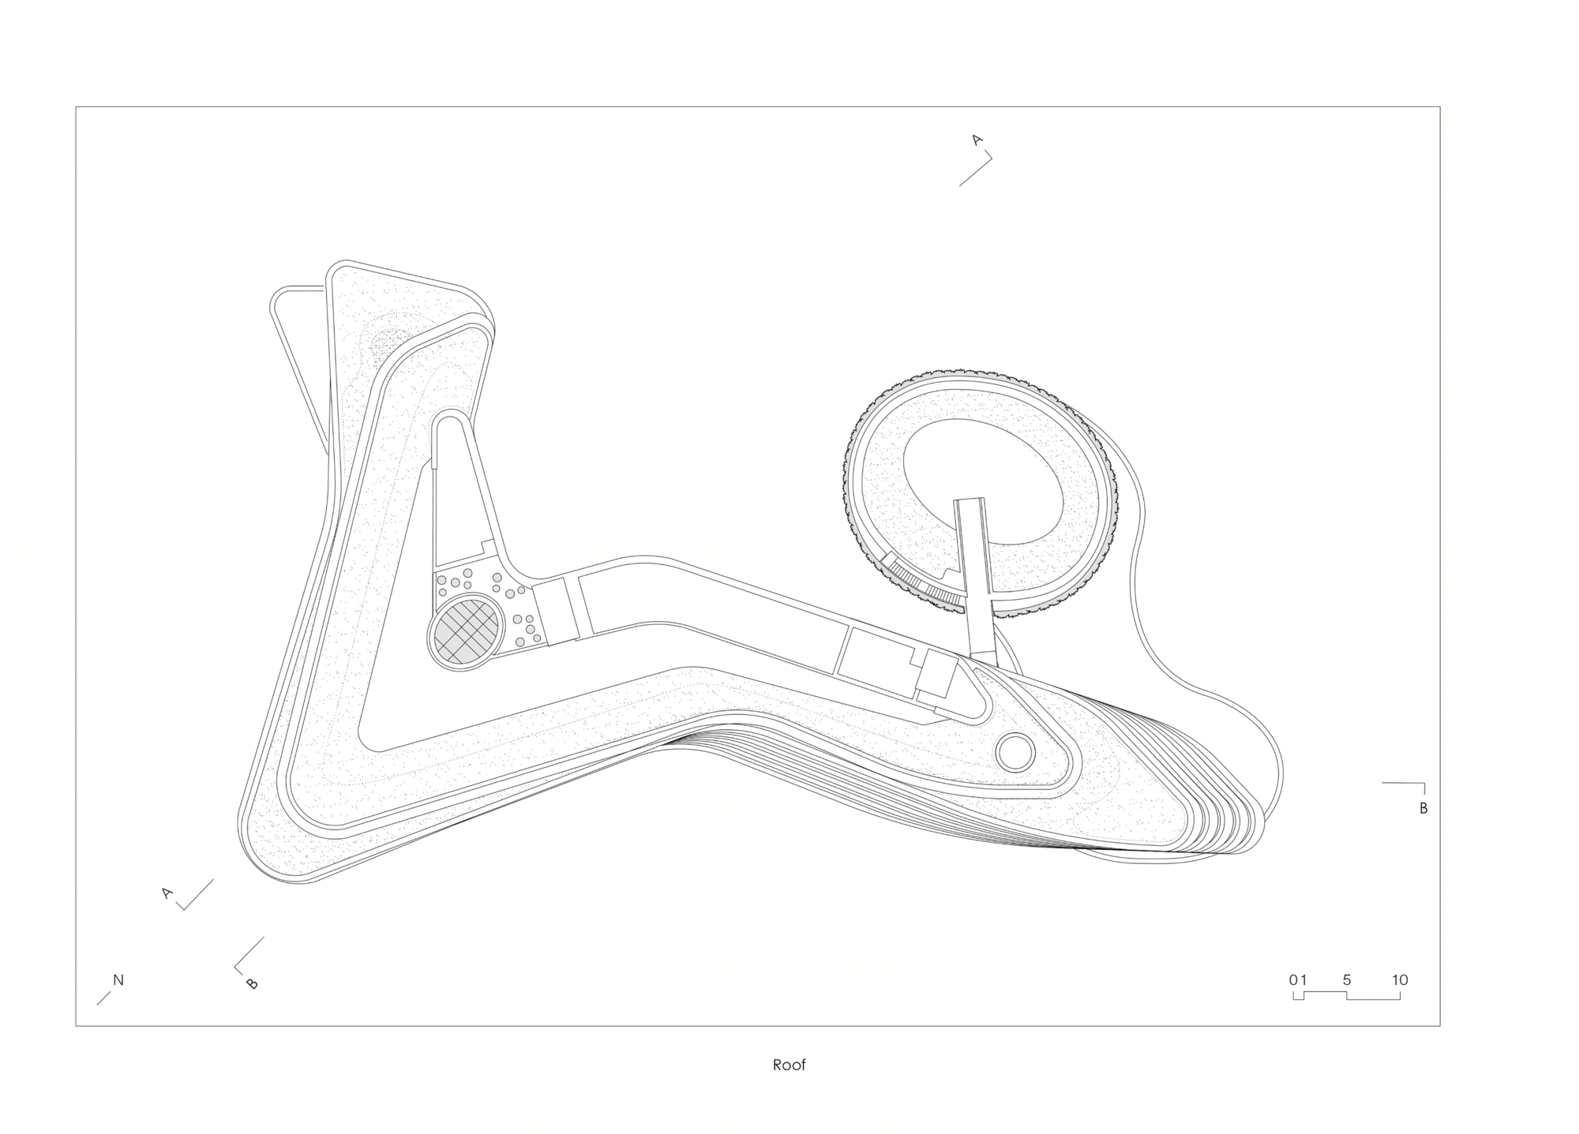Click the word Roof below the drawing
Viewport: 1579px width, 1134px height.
pyautogui.click(x=789, y=1065)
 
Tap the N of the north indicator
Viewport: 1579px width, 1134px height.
pyautogui.click(x=118, y=980)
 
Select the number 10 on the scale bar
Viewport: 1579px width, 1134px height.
pyautogui.click(x=1400, y=980)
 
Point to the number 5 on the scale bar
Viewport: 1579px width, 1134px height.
pyautogui.click(x=1347, y=980)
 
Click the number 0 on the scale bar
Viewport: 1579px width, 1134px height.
pyautogui.click(x=1293, y=980)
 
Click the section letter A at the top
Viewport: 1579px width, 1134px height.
pyautogui.click(x=977, y=140)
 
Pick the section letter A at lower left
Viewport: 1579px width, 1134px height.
pyautogui.click(x=167, y=893)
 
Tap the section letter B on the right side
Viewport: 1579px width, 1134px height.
pyautogui.click(x=1423, y=808)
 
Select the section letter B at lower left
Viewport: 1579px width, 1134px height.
pyautogui.click(x=253, y=983)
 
